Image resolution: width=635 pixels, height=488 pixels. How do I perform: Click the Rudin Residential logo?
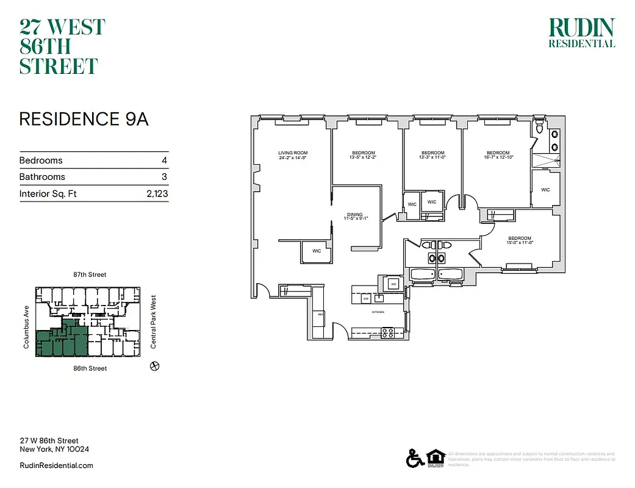coord(581,33)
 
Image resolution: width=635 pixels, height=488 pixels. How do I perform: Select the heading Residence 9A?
coord(84,119)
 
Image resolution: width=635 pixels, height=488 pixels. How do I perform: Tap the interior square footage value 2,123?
coord(156,194)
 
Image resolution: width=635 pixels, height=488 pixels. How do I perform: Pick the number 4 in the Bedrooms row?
coord(164,160)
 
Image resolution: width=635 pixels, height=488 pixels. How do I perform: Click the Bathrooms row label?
coord(42,177)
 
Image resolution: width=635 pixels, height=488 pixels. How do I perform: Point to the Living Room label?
coord(292,152)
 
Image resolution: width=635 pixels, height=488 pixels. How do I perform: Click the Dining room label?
coord(355,215)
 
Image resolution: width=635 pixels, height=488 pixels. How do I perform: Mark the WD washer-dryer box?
coord(393,284)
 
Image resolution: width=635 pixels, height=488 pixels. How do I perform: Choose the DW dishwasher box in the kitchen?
coord(366,298)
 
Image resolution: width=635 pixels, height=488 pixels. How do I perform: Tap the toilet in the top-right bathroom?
coord(539,128)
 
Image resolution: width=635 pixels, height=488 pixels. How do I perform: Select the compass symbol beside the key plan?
coord(154,366)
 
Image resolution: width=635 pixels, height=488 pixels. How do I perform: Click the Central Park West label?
coord(153,322)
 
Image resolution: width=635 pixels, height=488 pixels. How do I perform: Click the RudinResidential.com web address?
coord(56,465)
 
